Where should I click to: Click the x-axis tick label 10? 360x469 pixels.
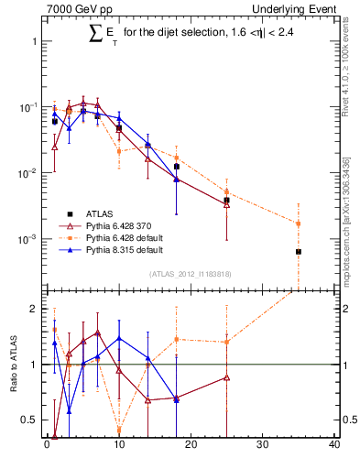pos(118,446)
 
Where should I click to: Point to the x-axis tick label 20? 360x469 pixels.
pos(190,446)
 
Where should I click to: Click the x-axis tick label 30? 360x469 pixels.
pos(262,446)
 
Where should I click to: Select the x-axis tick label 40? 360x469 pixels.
pos(333,446)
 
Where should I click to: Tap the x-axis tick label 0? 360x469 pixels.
pos(47,446)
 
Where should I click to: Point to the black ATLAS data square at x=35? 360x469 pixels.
pos(299,251)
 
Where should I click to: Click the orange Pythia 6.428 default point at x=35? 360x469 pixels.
pos(299,224)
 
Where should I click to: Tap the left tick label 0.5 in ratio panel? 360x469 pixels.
pos(29,420)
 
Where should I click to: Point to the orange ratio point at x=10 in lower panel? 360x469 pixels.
pos(119,429)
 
